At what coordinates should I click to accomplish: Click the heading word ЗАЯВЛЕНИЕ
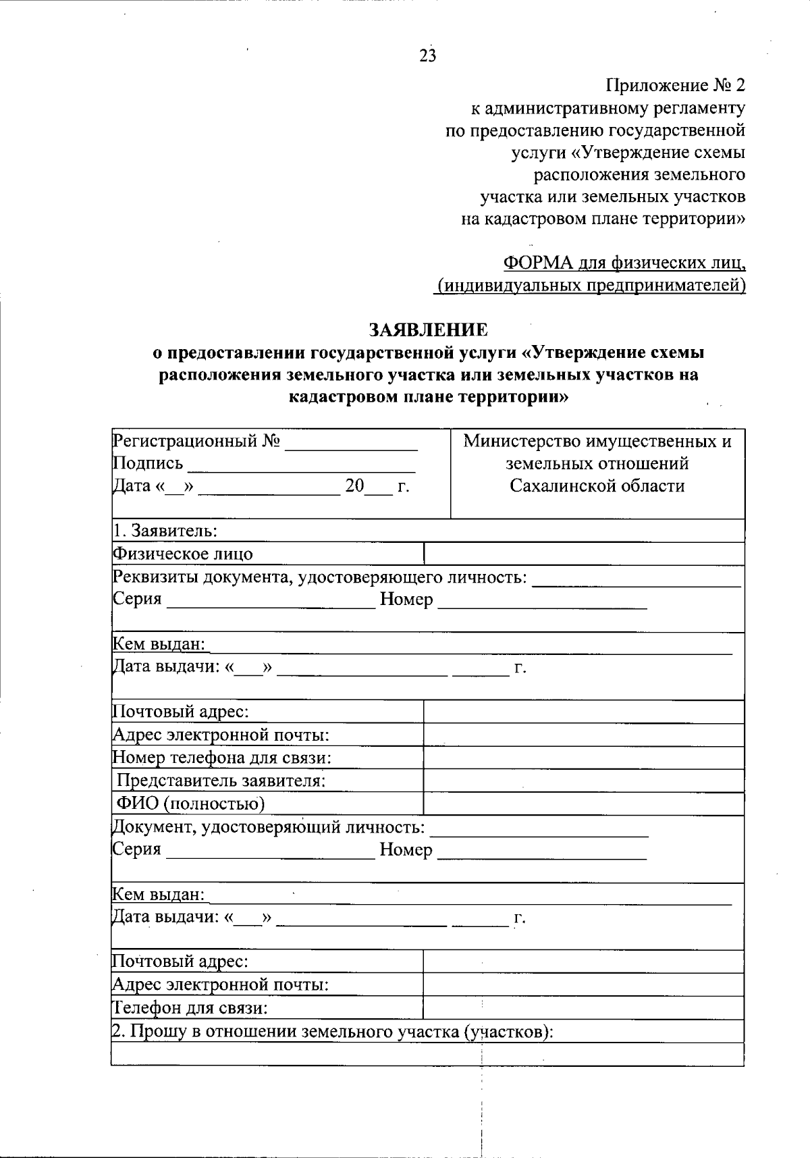(x=428, y=330)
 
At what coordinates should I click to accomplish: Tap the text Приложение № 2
(x=676, y=86)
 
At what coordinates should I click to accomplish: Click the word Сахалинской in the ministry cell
(x=556, y=486)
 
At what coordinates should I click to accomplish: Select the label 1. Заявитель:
(x=165, y=531)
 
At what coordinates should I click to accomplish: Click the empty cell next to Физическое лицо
(x=583, y=554)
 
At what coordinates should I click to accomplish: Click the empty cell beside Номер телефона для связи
(x=583, y=758)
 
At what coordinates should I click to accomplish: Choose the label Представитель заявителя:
(x=221, y=781)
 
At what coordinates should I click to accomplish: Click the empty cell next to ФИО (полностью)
(x=583, y=804)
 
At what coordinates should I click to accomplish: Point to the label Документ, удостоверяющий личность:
(x=269, y=827)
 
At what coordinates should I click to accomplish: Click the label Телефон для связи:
(x=190, y=1008)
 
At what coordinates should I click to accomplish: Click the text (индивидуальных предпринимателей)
(x=591, y=286)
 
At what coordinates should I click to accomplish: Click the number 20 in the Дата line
(x=355, y=486)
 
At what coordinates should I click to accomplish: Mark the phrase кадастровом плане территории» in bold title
(x=428, y=397)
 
